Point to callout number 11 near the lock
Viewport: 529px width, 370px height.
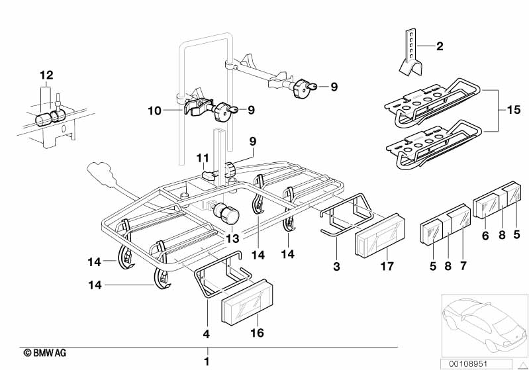tap(201, 157)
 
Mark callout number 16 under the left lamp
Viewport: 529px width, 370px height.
tap(258, 332)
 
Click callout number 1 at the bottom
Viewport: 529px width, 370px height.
tap(207, 361)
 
